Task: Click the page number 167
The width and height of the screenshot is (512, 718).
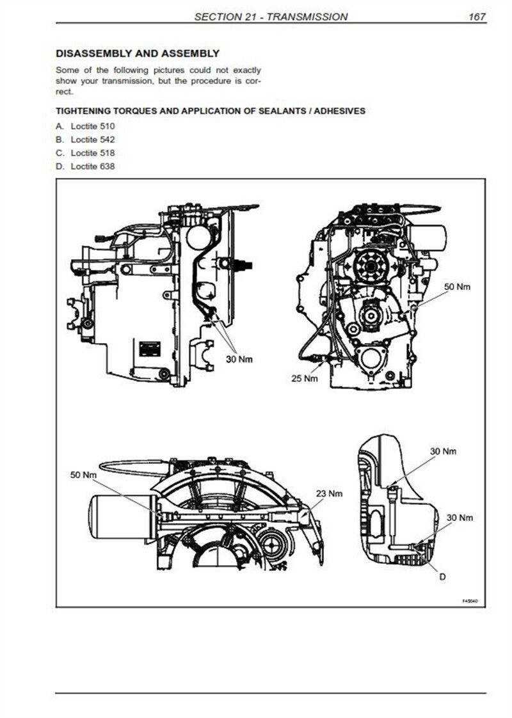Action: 477,17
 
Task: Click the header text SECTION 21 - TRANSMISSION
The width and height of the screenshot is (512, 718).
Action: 271,17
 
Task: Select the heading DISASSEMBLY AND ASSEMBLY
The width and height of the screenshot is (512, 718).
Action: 138,54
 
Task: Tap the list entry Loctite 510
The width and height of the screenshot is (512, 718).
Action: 93,126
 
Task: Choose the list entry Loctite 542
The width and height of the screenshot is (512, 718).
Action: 93,140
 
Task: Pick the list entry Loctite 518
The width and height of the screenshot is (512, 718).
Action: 93,153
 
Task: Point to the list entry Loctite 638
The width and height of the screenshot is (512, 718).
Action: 93,166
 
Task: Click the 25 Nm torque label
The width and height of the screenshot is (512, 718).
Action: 305,378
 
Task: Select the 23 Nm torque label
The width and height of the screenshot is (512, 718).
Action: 329,493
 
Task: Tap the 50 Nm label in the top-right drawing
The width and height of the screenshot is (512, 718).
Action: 457,287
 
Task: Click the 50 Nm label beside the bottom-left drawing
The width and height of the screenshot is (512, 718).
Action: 83,475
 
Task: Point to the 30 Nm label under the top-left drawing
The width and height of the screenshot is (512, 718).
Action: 239,359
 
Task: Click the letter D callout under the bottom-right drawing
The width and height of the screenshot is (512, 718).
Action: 442,577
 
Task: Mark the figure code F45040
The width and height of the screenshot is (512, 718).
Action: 470,601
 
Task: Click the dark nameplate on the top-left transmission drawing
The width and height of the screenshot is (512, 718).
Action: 150,349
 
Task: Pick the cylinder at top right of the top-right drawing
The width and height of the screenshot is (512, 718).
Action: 428,237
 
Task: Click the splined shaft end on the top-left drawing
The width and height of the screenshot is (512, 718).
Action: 246,265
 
